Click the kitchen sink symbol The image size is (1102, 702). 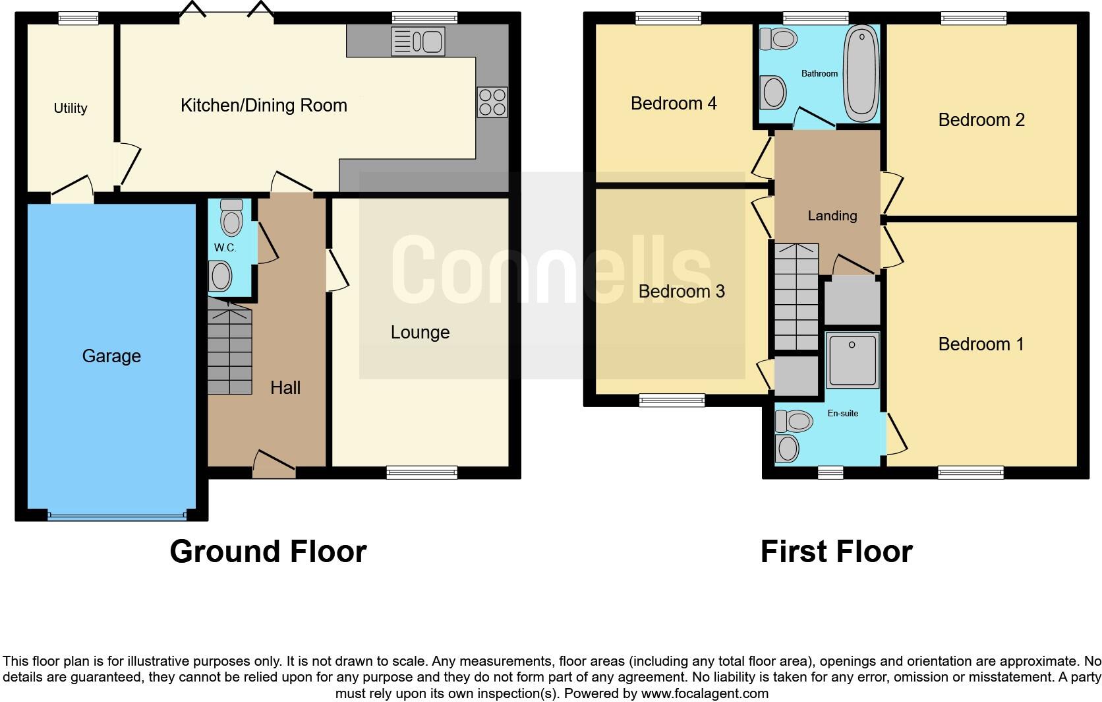coord(418,42)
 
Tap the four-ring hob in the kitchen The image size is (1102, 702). coord(492,102)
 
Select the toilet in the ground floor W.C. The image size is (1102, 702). coord(231,218)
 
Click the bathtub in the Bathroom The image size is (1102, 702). coord(861,73)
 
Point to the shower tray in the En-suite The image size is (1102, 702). coord(852,360)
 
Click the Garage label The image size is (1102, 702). coord(111,356)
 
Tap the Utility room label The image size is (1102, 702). coord(71,108)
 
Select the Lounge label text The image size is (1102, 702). coord(420,333)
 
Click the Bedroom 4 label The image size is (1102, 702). coord(674,104)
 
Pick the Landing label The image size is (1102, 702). coord(832,216)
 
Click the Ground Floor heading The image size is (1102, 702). coord(268,552)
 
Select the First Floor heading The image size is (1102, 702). coord(836,552)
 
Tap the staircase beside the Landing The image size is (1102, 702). coord(796,297)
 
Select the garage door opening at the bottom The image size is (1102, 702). coord(117,516)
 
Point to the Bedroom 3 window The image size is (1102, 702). coord(672,399)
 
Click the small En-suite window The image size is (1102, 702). coord(830,471)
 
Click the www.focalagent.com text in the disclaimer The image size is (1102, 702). coord(704,693)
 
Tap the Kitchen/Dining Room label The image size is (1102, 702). coord(264,106)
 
